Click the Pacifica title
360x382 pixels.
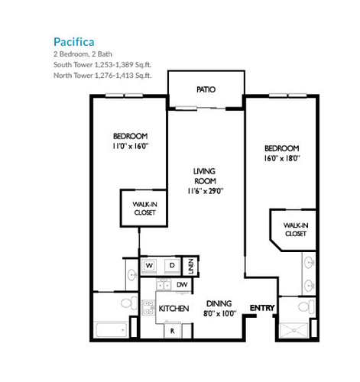coord(74,42)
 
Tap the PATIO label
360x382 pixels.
coord(206,89)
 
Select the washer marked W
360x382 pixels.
coord(149,266)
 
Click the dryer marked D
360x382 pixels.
coord(172,266)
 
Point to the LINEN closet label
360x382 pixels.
coord(191,267)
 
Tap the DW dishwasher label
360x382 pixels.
coord(182,285)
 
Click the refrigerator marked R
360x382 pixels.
coord(173,331)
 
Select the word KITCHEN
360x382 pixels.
coord(174,309)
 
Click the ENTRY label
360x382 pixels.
coord(262,308)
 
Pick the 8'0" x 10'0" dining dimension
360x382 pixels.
coord(220,313)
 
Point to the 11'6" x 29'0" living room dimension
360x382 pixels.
coord(206,191)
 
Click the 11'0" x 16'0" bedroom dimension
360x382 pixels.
coord(131,146)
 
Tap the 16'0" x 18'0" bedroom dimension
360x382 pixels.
coord(282,158)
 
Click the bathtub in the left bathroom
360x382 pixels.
coord(112,329)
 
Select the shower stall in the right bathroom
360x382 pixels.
coord(294,330)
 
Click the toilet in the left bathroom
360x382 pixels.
coord(129,303)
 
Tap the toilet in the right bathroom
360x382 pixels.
coord(306,306)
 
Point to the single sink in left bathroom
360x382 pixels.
coord(132,274)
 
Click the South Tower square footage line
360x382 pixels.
coord(102,65)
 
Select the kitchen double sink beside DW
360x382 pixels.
coord(164,286)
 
